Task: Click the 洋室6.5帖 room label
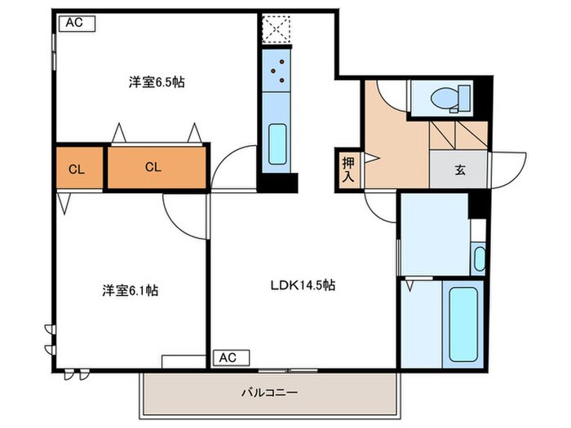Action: click(x=155, y=82)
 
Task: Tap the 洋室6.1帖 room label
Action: click(x=130, y=290)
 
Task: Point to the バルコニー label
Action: click(x=269, y=392)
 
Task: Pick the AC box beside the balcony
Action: click(x=228, y=357)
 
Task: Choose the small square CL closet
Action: click(x=77, y=169)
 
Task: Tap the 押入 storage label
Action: click(x=346, y=168)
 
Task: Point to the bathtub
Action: click(x=462, y=321)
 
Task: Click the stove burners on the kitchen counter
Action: click(x=277, y=70)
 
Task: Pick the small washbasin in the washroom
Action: click(x=479, y=260)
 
